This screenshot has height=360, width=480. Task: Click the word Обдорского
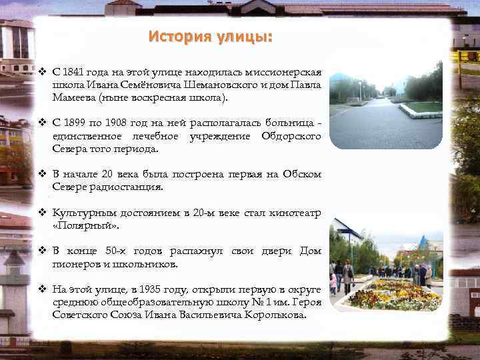tap(289, 136)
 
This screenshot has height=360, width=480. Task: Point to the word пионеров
tap(75, 263)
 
